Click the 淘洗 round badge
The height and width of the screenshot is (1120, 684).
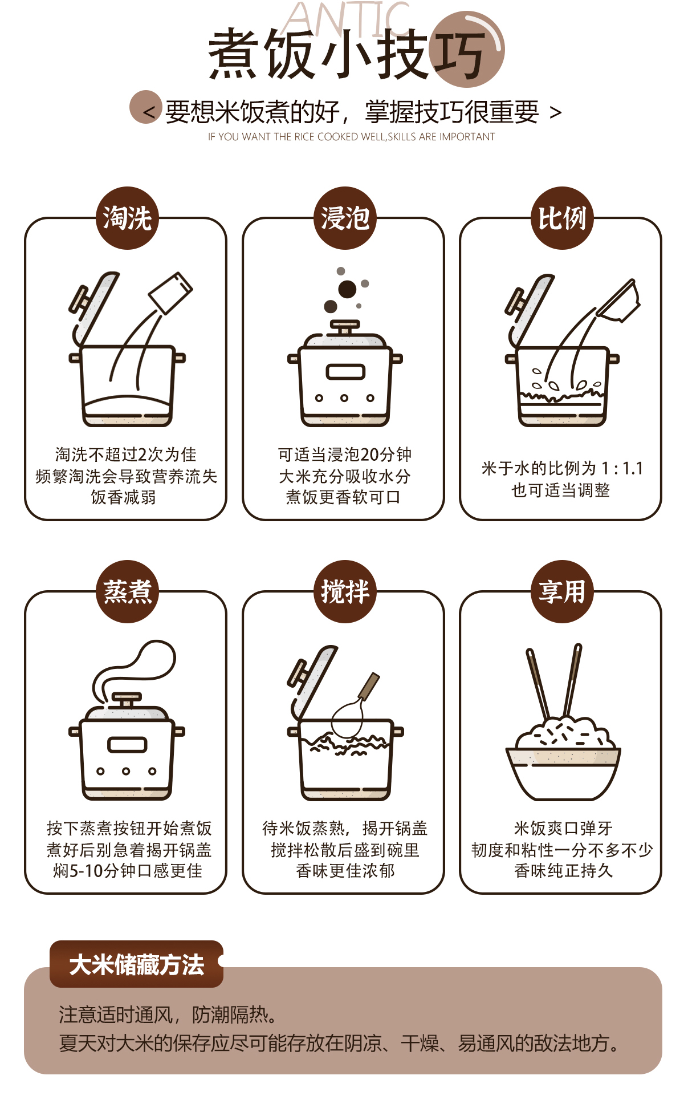tap(127, 218)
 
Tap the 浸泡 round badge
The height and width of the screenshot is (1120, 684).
tap(344, 218)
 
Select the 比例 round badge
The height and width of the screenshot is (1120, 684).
tap(562, 218)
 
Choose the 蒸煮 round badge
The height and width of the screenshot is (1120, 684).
tap(127, 591)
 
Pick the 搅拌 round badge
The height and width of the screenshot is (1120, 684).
tap(344, 591)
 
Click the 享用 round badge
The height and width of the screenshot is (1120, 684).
tap(562, 591)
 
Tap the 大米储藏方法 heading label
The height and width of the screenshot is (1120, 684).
tap(136, 964)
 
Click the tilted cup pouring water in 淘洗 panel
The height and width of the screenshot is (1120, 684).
tap(170, 293)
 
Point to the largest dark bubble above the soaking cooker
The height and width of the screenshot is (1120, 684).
tap(347, 289)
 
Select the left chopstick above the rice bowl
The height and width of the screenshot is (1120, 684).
tap(538, 684)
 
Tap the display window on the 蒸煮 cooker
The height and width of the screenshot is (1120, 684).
tap(127, 745)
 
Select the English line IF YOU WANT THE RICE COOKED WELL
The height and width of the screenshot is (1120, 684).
tap(351, 137)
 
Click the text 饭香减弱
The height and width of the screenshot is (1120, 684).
tap(123, 497)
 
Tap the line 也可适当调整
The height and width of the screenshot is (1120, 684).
tap(561, 490)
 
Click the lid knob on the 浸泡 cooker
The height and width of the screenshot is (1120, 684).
tap(345, 327)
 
